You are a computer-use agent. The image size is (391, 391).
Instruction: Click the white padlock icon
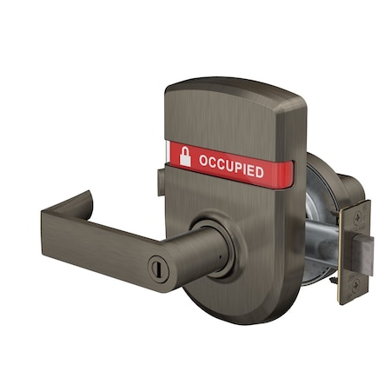pyautogui.click(x=184, y=156)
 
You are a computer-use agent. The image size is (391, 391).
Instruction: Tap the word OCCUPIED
pyautogui.click(x=230, y=166)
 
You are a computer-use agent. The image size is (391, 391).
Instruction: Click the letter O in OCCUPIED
pyautogui.click(x=203, y=161)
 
